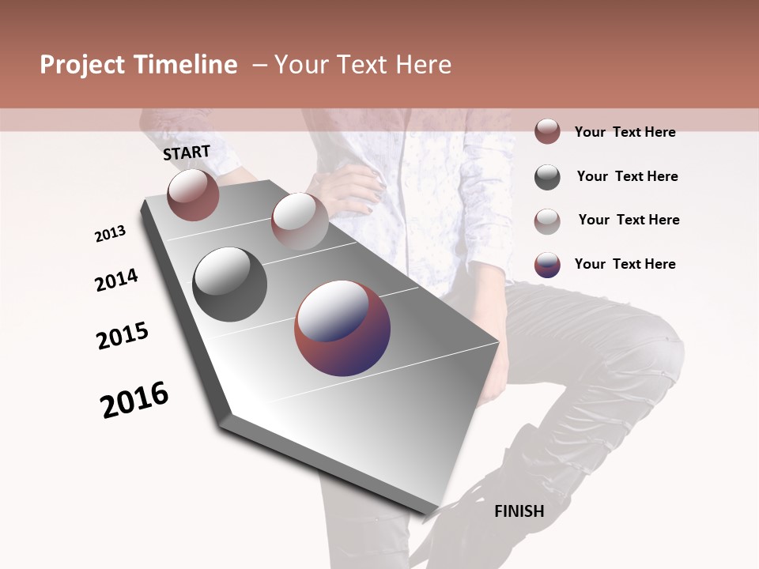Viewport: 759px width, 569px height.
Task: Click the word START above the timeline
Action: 187,153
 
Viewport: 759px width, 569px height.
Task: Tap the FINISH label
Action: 519,511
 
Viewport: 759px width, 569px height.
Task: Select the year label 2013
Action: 111,234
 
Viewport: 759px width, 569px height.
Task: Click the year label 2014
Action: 117,281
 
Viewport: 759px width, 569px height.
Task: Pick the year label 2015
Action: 123,336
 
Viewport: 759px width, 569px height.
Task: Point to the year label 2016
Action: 134,400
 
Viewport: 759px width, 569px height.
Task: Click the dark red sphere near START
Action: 193,195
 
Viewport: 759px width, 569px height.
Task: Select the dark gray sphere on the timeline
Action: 230,284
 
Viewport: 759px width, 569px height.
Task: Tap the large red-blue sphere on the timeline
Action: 342,328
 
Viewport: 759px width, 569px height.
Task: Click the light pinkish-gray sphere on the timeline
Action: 300,221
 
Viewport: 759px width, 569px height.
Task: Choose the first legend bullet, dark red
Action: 547,131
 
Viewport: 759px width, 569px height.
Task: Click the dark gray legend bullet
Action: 547,177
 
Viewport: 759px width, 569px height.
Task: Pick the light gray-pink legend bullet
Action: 547,221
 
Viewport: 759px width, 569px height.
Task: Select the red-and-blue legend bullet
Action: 547,265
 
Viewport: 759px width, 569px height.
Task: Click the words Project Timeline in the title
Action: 138,65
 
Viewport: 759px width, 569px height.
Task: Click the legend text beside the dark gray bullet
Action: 627,176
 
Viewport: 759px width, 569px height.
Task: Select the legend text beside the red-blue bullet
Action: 625,264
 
